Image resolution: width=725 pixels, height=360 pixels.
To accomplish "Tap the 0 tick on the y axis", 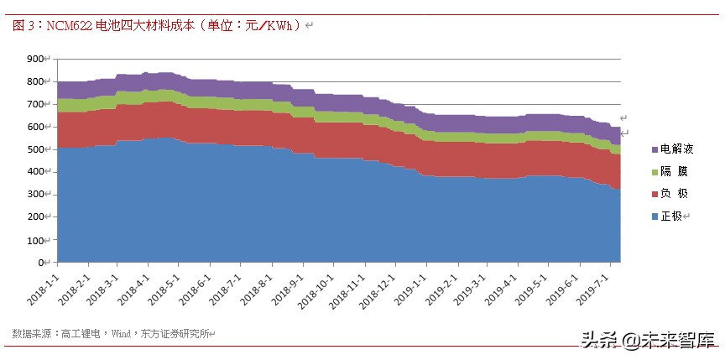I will tap(43, 263).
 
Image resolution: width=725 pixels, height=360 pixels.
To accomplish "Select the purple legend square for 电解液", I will tap(655, 149).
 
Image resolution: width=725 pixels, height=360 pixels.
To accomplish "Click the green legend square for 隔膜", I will tap(655, 171).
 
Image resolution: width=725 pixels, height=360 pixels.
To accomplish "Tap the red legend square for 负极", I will tap(655, 194).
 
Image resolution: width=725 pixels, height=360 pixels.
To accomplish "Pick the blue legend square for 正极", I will tap(655, 217).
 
